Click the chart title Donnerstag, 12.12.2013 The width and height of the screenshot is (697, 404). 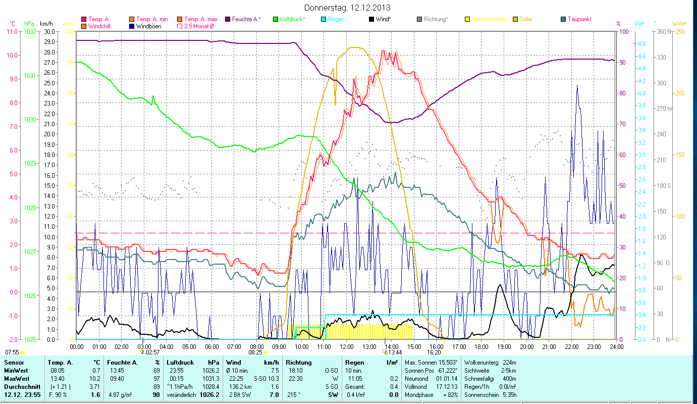348,8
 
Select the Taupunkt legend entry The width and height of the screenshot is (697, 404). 579,19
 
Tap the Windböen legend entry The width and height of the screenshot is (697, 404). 148,26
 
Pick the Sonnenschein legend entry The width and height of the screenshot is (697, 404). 489,19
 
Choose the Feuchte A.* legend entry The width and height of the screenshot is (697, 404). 246,19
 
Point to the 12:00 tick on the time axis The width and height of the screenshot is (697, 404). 347,347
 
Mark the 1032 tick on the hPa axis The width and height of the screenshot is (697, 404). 30,32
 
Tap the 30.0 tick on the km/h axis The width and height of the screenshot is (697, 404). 49,32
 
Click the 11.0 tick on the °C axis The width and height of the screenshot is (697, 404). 12,32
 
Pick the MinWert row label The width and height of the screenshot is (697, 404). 15,371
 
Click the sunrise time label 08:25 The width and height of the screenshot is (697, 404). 256,352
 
